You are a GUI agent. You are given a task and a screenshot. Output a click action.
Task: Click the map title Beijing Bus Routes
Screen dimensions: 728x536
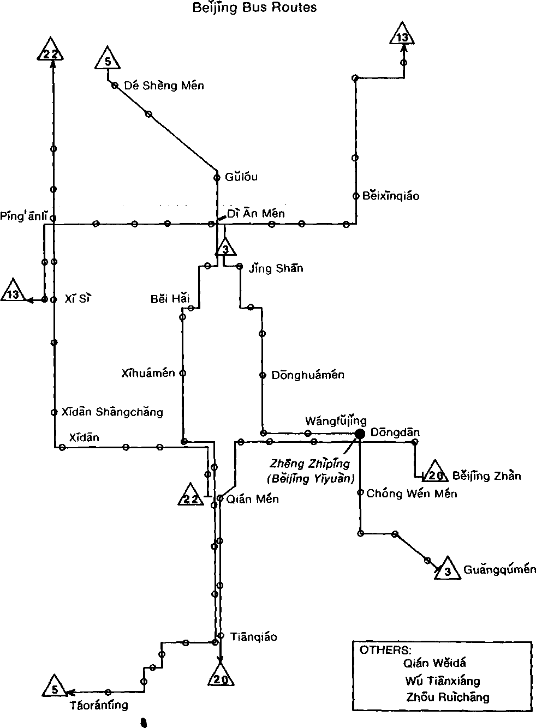coord(254,8)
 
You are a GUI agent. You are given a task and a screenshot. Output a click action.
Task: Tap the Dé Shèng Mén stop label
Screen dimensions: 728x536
coord(164,86)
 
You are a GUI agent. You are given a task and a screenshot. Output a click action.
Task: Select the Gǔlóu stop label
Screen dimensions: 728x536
coord(241,177)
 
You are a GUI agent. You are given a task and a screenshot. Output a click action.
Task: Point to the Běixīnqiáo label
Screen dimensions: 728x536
coord(391,196)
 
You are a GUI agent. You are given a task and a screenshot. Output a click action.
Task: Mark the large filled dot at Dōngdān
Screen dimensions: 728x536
coord(360,434)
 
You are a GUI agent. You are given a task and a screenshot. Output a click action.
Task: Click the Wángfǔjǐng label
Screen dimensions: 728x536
coord(335,420)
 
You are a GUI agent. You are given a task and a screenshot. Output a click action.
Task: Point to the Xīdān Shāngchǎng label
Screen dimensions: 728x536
coord(112,412)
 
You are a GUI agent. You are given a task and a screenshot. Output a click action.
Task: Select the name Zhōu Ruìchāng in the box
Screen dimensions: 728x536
coord(448,697)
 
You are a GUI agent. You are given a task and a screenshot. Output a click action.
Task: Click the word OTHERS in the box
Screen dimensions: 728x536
coord(384,649)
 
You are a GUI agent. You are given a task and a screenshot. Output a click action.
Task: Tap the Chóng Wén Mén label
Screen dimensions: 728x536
coord(412,494)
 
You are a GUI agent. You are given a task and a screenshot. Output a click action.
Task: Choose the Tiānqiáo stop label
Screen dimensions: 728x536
coord(253,636)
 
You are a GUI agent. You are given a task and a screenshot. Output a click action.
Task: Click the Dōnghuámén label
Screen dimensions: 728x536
coord(308,375)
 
